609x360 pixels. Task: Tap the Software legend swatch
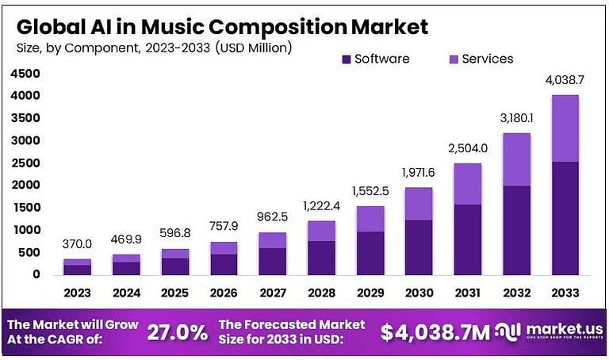pyautogui.click(x=347, y=59)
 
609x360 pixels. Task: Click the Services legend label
pyautogui.click(x=487, y=59)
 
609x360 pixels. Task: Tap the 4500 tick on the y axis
pyautogui.click(x=25, y=74)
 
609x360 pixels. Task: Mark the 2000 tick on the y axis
pyautogui.click(x=25, y=185)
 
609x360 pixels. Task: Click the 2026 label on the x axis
pyautogui.click(x=223, y=293)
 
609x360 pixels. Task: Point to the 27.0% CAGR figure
pyautogui.click(x=177, y=331)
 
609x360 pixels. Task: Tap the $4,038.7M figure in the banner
pyautogui.click(x=436, y=331)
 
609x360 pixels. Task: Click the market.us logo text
pyautogui.click(x=558, y=327)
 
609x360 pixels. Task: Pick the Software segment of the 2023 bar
pyautogui.click(x=77, y=270)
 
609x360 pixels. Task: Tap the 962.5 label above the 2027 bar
pyautogui.click(x=273, y=217)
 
